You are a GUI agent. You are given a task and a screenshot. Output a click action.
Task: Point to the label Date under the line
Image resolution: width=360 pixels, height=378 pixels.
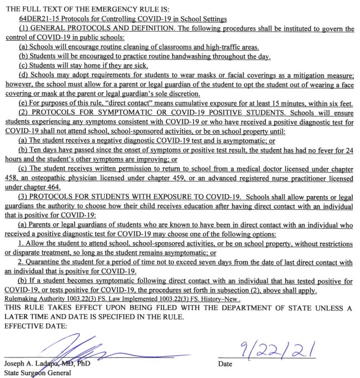coord(225,364)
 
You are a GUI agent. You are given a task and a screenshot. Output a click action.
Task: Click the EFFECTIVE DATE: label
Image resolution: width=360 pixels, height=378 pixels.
coord(34,326)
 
